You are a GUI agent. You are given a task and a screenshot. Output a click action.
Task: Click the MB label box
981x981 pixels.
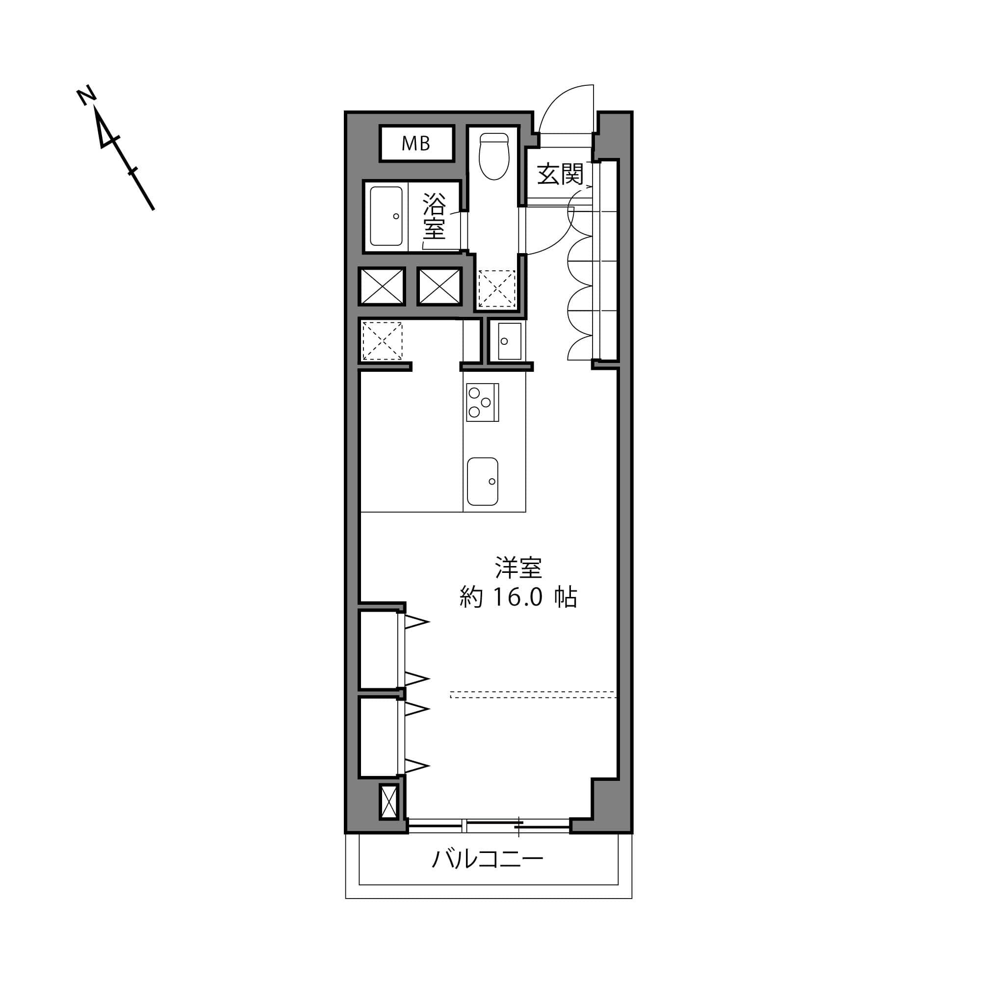416,144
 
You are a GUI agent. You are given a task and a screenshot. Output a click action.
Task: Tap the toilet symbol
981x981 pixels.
494,156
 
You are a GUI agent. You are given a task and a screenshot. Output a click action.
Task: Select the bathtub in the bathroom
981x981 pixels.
387,216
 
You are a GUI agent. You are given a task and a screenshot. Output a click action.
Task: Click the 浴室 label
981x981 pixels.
434,216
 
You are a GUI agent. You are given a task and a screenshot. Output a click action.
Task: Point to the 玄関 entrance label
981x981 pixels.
560,174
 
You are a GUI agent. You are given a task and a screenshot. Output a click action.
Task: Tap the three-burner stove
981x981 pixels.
482,402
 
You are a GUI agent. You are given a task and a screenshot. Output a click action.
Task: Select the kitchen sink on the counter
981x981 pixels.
482,481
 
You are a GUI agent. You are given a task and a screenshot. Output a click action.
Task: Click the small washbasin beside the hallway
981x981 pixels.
509,341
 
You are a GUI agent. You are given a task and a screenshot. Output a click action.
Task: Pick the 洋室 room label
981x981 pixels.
518,568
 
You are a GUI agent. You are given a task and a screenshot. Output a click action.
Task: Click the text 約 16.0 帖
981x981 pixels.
518,597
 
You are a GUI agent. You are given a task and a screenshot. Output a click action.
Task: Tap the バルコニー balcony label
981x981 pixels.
488,859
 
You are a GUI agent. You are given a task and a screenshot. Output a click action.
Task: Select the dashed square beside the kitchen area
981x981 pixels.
382,341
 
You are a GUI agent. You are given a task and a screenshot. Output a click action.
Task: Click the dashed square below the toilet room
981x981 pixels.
496,288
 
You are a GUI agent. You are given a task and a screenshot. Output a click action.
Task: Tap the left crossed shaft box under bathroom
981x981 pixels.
382,286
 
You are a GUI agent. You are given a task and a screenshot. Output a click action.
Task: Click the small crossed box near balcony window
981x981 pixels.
389,802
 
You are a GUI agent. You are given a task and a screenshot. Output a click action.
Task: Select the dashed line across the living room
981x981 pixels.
533,695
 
